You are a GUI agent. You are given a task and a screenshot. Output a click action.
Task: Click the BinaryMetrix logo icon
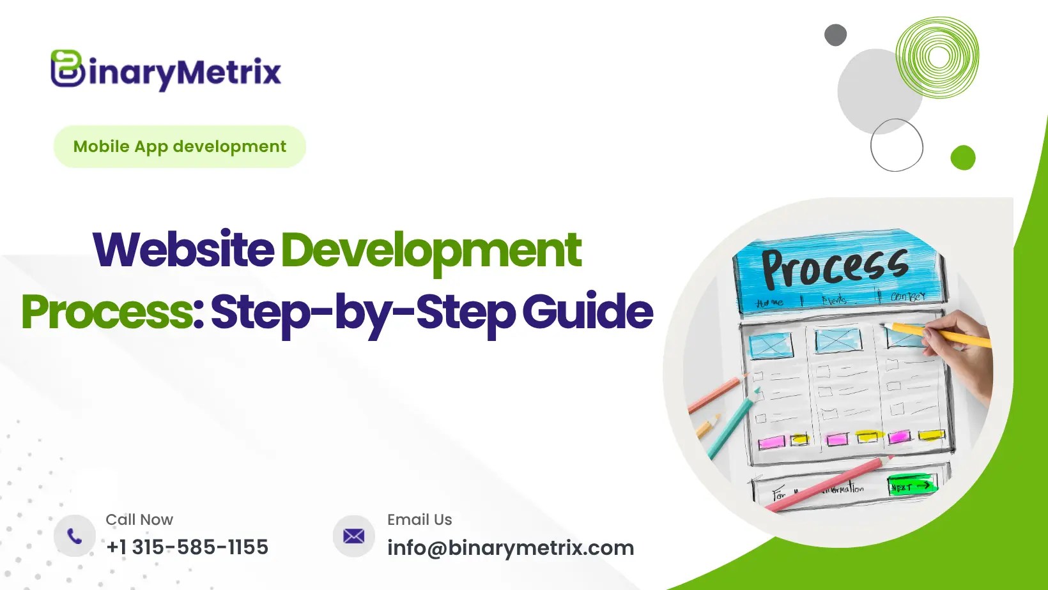point(67,69)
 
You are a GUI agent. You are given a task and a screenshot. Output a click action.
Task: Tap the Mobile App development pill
point(180,147)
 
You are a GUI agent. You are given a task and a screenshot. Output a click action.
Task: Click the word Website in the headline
point(183,250)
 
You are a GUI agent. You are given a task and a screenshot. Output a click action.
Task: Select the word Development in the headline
point(431,251)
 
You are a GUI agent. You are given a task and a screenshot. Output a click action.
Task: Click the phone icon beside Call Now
point(75,536)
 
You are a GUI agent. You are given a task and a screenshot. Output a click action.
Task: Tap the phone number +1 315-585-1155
point(187,547)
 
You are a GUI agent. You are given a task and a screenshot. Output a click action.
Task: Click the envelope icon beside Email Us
point(353,536)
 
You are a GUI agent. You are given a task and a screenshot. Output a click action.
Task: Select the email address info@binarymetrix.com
point(511,548)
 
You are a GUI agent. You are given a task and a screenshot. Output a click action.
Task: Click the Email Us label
point(419,520)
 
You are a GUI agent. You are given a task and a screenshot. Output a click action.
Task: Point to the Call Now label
point(139,520)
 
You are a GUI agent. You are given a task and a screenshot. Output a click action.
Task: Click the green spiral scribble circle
point(937,57)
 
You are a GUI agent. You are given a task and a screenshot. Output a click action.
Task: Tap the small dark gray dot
point(835,35)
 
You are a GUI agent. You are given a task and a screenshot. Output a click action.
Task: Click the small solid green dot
point(962,158)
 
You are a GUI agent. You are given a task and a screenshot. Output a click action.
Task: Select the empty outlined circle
point(897,145)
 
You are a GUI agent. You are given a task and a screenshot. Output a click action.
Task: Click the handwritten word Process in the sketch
point(835,267)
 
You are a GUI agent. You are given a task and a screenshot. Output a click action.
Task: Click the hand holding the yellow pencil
point(962,358)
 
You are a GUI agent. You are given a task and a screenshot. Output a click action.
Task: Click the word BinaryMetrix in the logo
point(185,72)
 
